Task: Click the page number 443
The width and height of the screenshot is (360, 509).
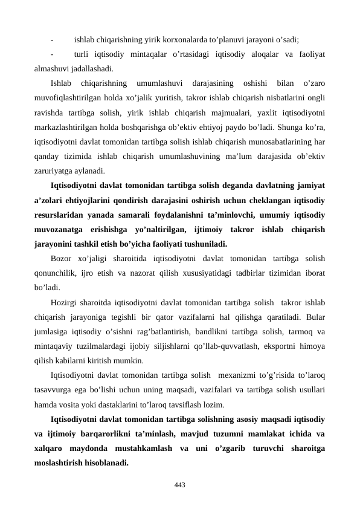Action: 179,485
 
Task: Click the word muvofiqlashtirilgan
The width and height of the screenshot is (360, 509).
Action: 70,98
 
